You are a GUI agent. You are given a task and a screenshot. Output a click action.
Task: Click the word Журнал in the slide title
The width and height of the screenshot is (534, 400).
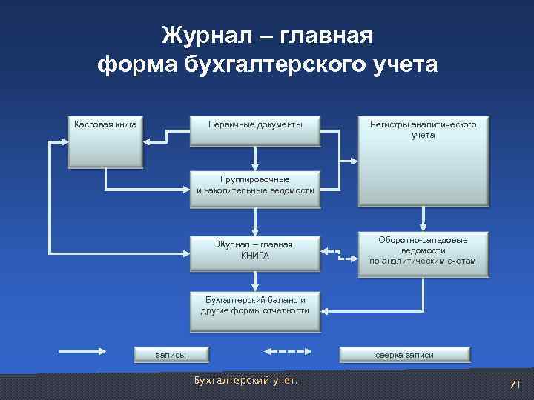[204, 36]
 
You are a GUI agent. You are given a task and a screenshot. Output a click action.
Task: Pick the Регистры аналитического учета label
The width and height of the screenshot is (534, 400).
[423, 130]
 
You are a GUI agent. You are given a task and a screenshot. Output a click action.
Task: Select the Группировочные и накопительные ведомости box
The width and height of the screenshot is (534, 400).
[255, 185]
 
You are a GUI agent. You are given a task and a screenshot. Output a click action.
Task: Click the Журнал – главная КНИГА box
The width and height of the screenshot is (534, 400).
[255, 250]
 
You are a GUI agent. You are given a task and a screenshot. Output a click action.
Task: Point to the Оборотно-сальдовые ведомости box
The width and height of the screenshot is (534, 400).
[423, 251]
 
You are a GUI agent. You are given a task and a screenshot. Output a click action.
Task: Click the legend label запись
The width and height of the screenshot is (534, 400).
[171, 355]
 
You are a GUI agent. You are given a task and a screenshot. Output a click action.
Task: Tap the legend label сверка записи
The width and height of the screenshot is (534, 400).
[404, 355]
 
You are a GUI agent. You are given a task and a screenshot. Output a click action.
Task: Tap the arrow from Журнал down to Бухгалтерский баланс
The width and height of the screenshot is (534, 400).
[255, 279]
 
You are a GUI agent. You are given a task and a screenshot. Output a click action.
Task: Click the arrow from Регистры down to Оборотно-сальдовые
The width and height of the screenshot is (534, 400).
[423, 216]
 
